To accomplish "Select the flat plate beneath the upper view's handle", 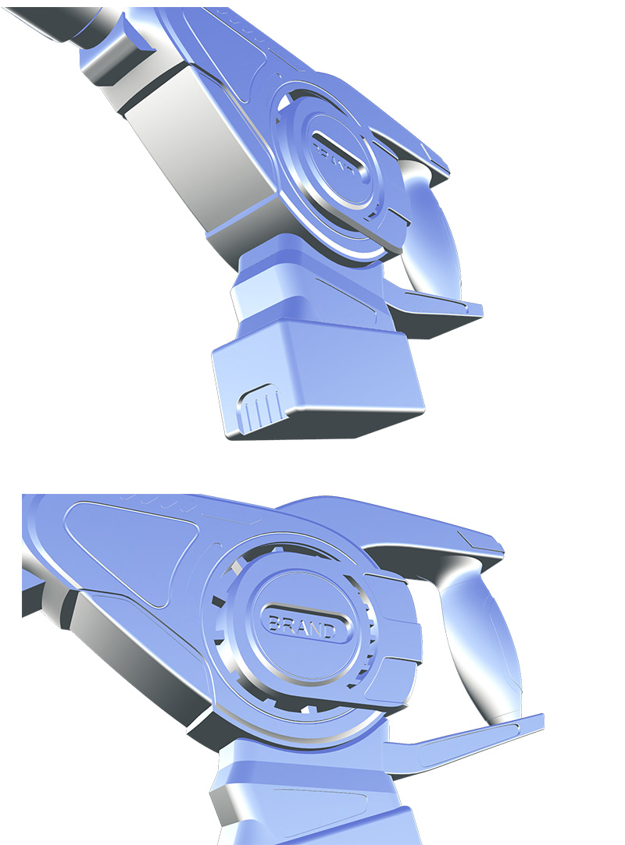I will (x=434, y=308).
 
